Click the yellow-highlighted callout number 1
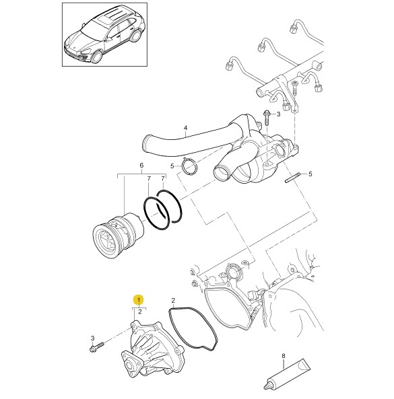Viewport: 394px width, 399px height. tap(139, 300)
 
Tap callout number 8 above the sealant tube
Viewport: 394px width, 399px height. tap(284, 356)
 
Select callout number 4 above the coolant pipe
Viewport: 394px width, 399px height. tap(185, 127)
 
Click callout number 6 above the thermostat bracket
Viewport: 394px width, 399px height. tap(141, 166)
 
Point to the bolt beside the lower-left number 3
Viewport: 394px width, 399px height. tap(97, 347)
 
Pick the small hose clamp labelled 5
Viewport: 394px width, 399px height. tap(190, 166)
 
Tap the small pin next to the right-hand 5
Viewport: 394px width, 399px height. tap(292, 178)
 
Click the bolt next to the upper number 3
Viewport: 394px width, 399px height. tap(267, 118)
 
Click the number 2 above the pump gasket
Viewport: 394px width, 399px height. tap(173, 300)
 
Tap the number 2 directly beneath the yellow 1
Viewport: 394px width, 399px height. tap(140, 312)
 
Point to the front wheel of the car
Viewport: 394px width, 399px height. tap(97, 57)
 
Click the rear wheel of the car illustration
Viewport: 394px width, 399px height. tap(135, 36)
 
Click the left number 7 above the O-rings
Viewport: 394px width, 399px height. tap(149, 179)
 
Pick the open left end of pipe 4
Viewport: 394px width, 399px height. tap(146, 144)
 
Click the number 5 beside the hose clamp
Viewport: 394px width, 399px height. tap(172, 166)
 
